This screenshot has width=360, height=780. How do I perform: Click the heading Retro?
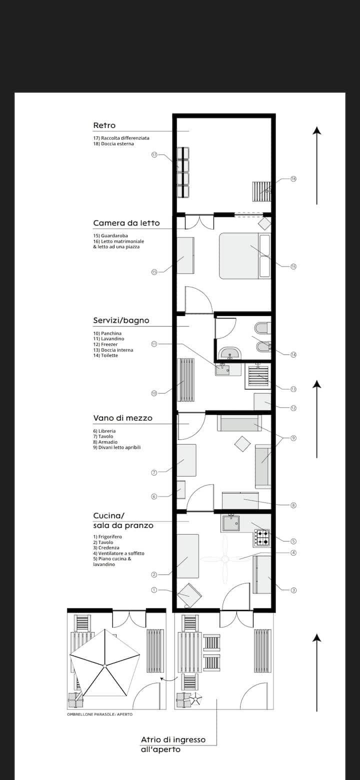(x=104, y=125)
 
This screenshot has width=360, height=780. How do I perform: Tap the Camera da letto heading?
(x=126, y=223)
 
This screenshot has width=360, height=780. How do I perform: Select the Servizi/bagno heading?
(x=121, y=320)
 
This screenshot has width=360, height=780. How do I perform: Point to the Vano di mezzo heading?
(x=122, y=418)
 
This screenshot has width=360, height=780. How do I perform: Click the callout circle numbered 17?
(x=154, y=154)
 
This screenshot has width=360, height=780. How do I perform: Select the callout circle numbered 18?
(x=293, y=178)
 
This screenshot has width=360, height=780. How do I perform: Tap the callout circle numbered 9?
(x=293, y=437)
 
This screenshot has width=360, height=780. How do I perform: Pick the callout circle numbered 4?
(x=293, y=552)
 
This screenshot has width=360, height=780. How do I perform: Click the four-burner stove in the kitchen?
(x=262, y=537)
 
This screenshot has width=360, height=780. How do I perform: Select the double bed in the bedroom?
(x=244, y=256)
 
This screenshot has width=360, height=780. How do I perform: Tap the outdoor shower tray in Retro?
(x=261, y=191)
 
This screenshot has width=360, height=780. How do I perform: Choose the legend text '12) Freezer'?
(x=105, y=344)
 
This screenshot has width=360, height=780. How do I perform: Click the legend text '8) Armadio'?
(x=105, y=442)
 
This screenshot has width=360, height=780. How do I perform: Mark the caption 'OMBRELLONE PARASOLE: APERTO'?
(x=100, y=714)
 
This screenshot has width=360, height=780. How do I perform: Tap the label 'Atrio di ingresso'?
(x=173, y=739)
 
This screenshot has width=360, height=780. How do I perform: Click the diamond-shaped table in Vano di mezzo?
(x=242, y=444)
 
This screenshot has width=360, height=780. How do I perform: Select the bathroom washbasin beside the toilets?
(x=229, y=353)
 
